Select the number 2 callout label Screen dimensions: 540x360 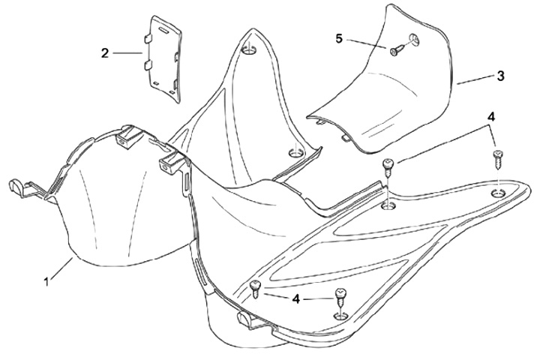point(105,52)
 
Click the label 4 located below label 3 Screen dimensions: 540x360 point(490,117)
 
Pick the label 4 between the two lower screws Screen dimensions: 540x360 point(298,298)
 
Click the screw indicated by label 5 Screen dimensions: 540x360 point(396,49)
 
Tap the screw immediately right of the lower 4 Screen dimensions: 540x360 point(340,297)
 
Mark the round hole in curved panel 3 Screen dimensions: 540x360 point(414,39)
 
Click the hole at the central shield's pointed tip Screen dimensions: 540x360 point(250,50)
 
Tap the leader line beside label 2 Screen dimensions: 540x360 point(127,52)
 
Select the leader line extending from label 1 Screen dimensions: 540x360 point(60,270)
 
